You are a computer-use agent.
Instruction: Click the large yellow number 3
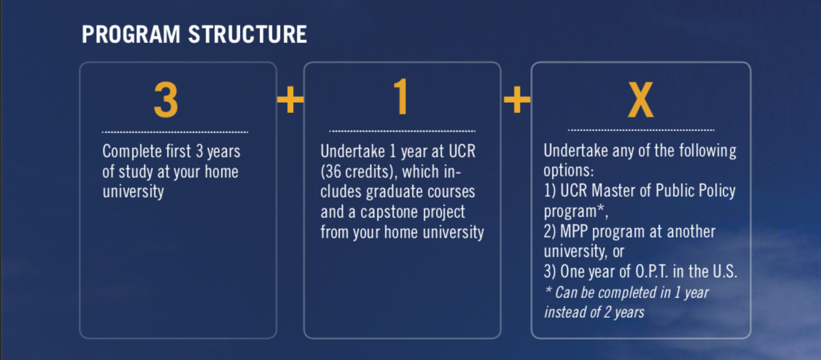[166, 100]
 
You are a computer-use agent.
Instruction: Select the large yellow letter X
[641, 101]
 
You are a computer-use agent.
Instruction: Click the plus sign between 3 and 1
[289, 101]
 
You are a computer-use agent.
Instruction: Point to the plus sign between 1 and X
[516, 101]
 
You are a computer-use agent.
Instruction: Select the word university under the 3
[133, 192]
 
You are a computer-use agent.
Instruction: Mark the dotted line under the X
[641, 130]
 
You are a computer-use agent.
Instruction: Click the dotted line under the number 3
[175, 133]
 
